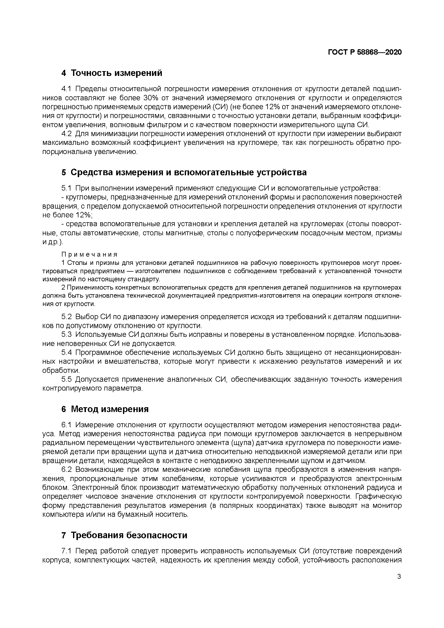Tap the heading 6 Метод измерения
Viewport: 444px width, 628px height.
(x=105, y=409)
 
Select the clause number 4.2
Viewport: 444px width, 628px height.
(x=66, y=134)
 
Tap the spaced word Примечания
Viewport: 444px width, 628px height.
(x=89, y=254)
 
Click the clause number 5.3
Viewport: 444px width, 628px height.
(x=66, y=335)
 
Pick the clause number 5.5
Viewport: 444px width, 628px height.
(x=66, y=379)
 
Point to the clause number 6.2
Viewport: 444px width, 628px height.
(x=66, y=470)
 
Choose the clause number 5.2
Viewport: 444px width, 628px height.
(x=66, y=317)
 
